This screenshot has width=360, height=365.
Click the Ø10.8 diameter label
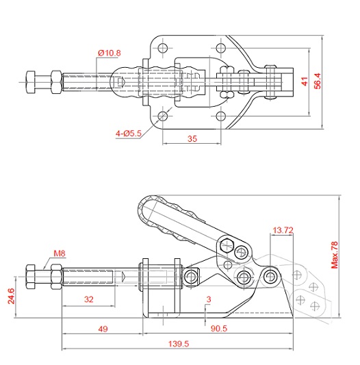110,53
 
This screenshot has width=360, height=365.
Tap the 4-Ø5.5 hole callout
129,134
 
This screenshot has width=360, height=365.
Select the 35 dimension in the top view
192,139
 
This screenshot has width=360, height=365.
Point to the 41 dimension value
305,81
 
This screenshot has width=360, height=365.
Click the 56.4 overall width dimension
317,81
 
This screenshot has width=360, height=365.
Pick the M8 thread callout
60,253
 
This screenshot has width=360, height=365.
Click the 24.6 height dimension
11,296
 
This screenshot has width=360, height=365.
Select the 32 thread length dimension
89,299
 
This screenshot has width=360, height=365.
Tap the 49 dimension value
103,329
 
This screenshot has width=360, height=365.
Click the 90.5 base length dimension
219,329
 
